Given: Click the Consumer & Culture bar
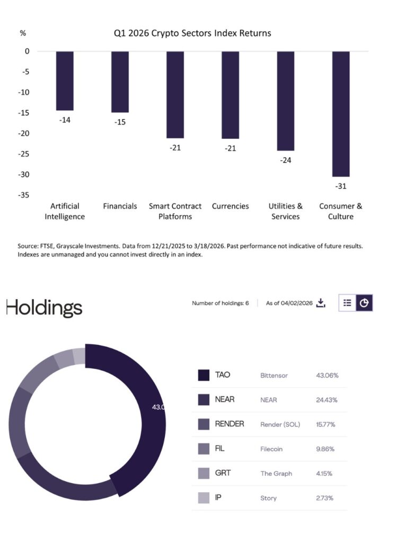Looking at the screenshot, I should pyautogui.click(x=340, y=113).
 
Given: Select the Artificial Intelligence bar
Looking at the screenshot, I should pyautogui.click(x=65, y=81).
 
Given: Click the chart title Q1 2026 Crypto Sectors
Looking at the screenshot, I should pyautogui.click(x=192, y=33).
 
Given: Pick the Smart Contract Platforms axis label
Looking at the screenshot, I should pyautogui.click(x=175, y=211).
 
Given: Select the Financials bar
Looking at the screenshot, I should pyautogui.click(x=120, y=82).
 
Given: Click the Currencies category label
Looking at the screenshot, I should pyautogui.click(x=230, y=206).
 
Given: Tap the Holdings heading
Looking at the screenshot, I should pyautogui.click(x=45, y=308).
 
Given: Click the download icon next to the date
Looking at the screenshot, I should pyautogui.click(x=320, y=303).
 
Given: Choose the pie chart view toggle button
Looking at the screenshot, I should pyautogui.click(x=364, y=303).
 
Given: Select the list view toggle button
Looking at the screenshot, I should pyautogui.click(x=347, y=303).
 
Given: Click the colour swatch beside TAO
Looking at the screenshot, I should pyautogui.click(x=204, y=375).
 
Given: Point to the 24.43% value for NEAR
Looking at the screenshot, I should pyautogui.click(x=327, y=400).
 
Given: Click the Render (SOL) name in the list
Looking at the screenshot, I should pyautogui.click(x=280, y=424).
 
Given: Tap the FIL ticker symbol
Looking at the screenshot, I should pyautogui.click(x=220, y=449).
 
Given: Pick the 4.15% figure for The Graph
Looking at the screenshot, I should pyautogui.click(x=324, y=474).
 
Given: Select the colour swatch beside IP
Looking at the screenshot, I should pyautogui.click(x=204, y=498).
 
